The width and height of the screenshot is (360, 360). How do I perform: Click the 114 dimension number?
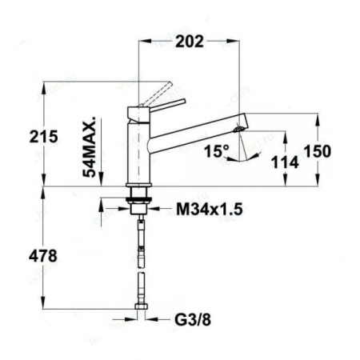click(285, 162)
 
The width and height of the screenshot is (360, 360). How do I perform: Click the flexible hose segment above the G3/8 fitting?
click(141, 288)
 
